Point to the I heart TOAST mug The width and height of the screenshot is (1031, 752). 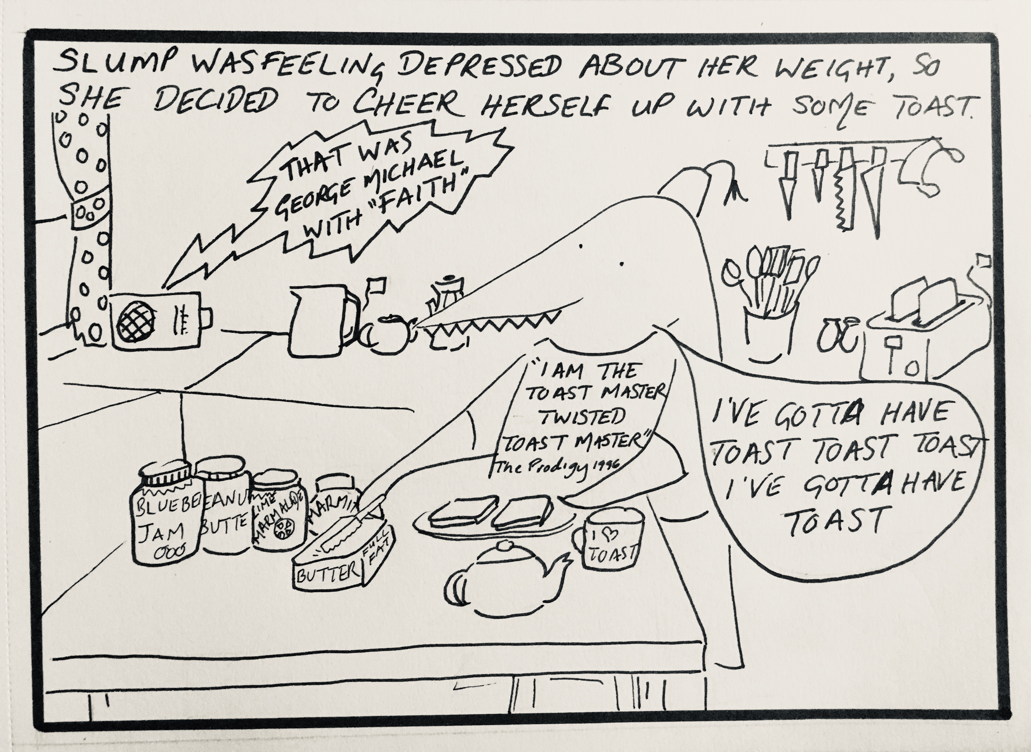[x=610, y=540]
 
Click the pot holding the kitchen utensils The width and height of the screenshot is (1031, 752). [x=769, y=335]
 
